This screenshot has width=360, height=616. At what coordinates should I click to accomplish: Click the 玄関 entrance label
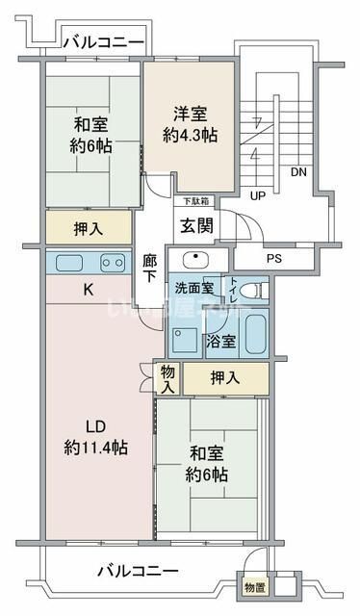(199, 226)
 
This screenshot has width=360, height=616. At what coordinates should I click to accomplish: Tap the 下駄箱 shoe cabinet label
(197, 201)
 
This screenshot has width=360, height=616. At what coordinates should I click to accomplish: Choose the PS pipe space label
(273, 258)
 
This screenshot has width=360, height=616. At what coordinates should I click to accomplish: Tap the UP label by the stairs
(257, 195)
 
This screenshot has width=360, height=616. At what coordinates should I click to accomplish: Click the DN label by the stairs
(299, 173)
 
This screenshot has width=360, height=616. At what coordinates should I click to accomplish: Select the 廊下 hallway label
(149, 267)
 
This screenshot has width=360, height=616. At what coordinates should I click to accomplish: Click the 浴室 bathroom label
(221, 341)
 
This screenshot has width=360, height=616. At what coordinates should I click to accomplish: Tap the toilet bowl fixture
(249, 290)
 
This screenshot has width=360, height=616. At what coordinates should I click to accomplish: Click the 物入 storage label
(167, 378)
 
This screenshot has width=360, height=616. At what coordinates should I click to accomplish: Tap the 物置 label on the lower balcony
(252, 588)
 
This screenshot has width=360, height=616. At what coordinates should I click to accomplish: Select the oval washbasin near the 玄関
(192, 259)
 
